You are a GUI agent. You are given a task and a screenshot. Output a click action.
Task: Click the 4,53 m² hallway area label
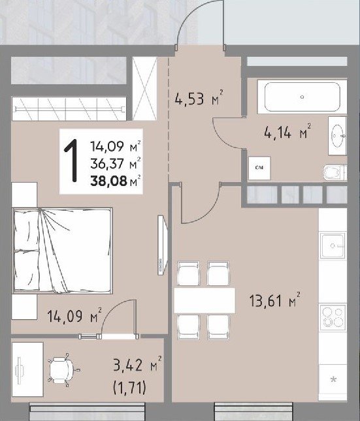(199, 98)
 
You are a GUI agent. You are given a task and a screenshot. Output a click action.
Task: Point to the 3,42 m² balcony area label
(137, 364)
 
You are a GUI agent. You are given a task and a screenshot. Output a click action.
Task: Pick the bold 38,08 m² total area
(116, 181)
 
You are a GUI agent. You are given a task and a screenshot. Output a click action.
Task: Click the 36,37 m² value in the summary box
(116, 164)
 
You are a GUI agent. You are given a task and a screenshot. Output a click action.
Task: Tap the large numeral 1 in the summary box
(71, 161)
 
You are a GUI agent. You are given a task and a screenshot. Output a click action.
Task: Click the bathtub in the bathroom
(302, 97)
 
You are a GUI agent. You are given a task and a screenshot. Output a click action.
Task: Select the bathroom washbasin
(337, 136)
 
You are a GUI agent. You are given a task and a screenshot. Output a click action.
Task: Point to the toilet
(335, 172)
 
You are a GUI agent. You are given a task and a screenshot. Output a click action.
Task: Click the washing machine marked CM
(259, 168)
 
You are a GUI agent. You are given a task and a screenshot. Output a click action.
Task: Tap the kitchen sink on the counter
(333, 246)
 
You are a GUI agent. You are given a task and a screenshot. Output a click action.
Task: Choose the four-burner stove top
(333, 318)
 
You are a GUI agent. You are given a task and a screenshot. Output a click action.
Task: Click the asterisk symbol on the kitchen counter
(333, 380)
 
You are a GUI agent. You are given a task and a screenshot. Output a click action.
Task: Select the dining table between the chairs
(205, 300)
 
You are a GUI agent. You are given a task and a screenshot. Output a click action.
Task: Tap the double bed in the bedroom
(62, 251)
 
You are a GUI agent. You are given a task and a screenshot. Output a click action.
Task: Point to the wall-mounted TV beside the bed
(163, 245)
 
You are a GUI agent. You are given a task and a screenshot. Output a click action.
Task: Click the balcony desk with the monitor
(27, 369)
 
